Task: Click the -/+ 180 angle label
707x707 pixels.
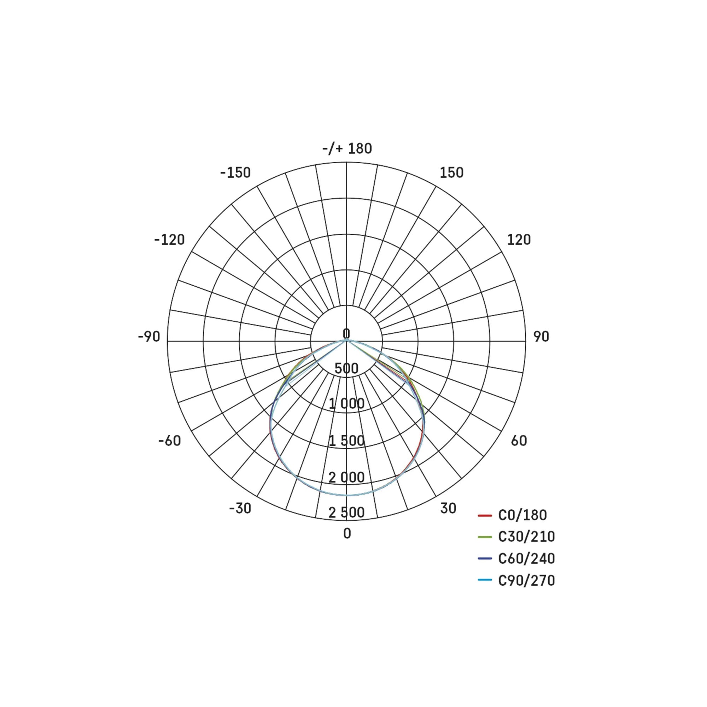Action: point(347,148)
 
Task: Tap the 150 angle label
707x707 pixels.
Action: point(451,173)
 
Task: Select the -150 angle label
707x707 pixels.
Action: point(235,173)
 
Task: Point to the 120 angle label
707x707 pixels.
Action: point(519,240)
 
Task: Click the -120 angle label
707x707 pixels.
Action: point(169,240)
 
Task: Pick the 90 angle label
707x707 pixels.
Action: point(541,337)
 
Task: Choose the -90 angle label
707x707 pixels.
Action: point(149,337)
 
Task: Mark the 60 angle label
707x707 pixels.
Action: point(519,440)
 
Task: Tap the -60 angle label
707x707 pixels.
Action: point(170,440)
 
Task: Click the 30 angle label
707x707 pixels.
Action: point(448,508)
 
